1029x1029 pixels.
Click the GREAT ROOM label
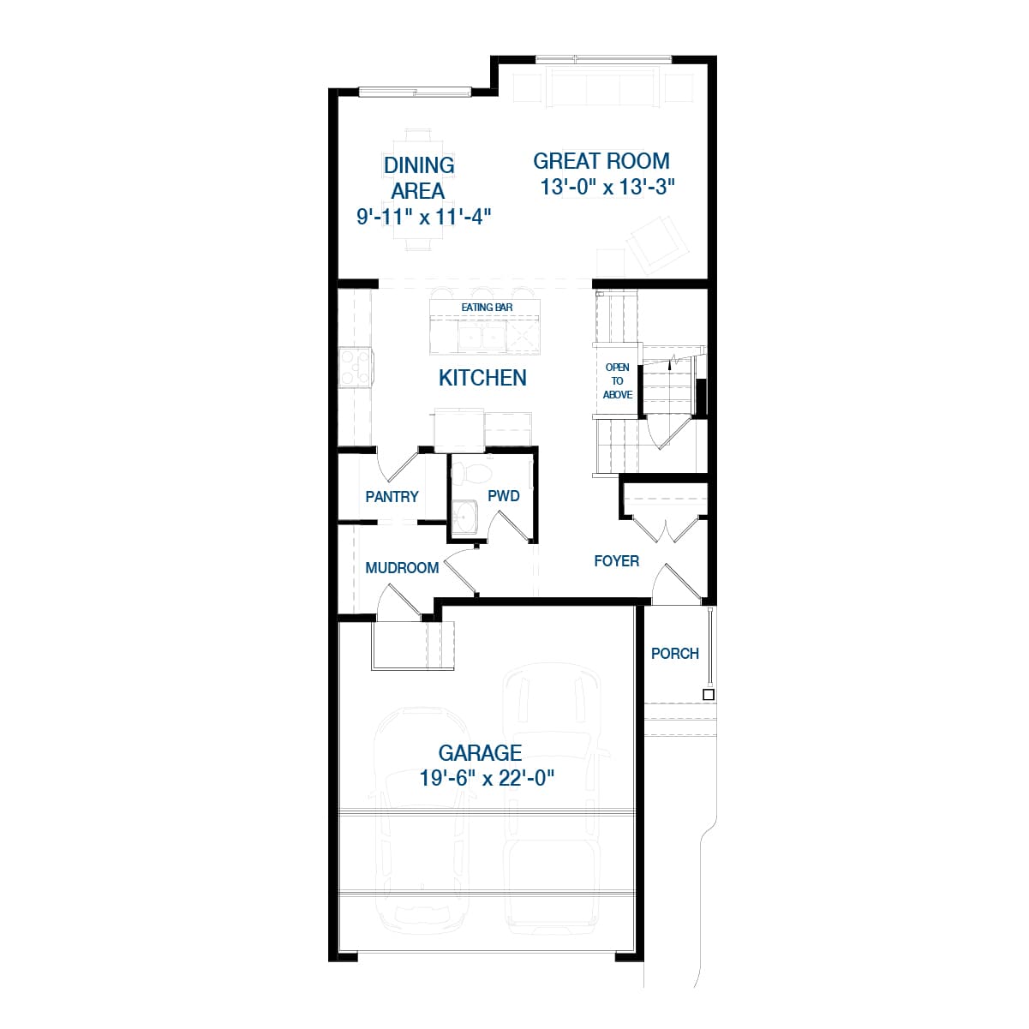tap(601, 161)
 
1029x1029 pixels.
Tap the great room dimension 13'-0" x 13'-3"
tap(608, 188)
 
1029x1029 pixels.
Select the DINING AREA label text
tap(418, 177)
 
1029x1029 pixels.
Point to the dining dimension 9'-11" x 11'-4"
tap(423, 216)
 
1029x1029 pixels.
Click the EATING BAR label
tap(487, 308)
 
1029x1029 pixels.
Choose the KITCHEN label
tap(482, 378)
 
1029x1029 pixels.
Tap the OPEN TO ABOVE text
tap(618, 381)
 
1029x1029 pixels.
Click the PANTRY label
tap(392, 497)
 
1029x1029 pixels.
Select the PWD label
tap(504, 496)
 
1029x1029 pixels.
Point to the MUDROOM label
tap(402, 568)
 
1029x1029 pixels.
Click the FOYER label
tap(616, 561)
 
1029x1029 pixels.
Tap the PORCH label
tap(675, 654)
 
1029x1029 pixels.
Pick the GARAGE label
tap(480, 753)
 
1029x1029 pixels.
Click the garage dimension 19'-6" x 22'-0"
tap(488, 779)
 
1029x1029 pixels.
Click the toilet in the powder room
tap(470, 472)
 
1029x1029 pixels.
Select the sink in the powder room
tap(465, 517)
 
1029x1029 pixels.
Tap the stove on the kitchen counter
tap(355, 367)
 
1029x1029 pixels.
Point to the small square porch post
tap(709, 695)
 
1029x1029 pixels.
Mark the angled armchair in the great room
tap(656, 242)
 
